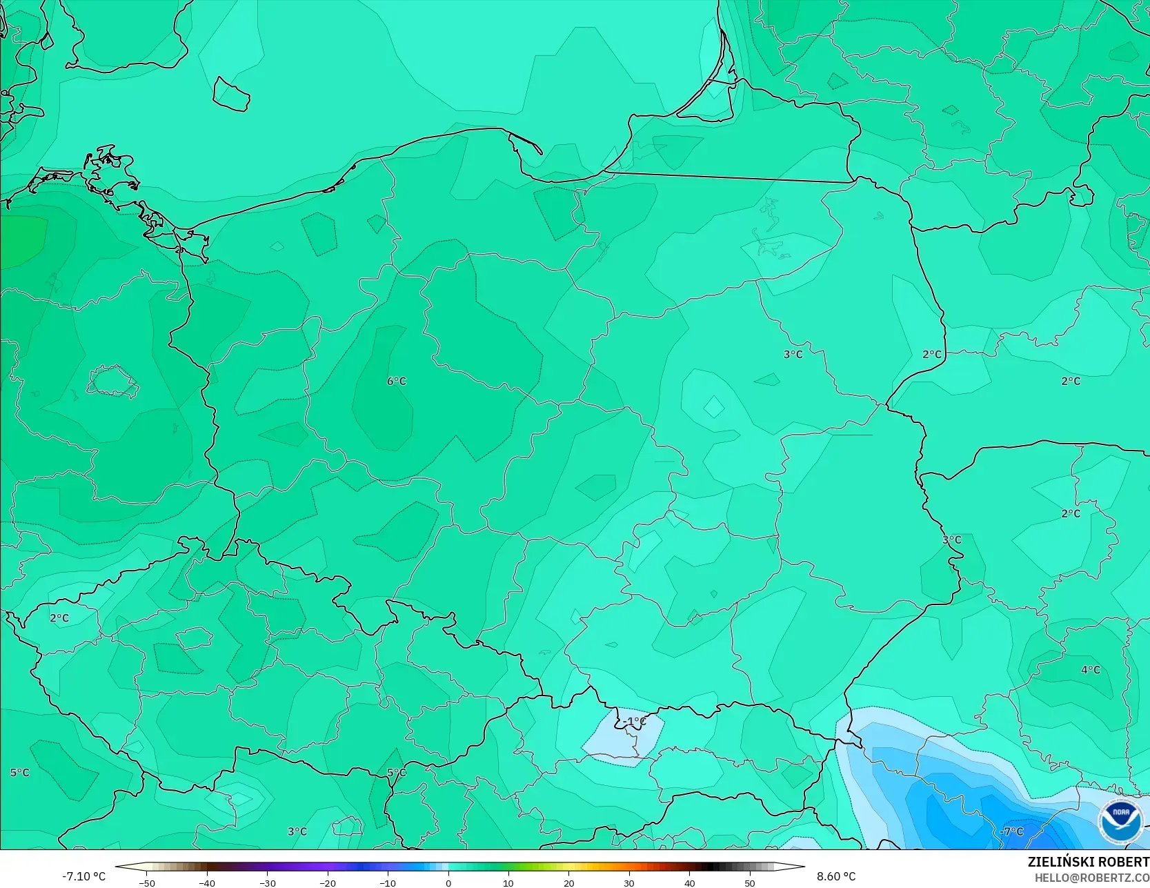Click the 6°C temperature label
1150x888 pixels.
397,381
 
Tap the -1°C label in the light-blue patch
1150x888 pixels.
635,722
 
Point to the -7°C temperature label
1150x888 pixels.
1012,831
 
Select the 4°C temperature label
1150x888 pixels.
1091,670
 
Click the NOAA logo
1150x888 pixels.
1121,821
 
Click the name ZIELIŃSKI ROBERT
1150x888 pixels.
1088,862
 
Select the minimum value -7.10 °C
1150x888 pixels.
84,876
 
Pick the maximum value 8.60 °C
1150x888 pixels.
836,876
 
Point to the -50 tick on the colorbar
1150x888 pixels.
146,883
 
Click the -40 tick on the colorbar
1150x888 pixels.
207,883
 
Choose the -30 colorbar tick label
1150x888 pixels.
268,883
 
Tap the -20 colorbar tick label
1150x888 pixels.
328,883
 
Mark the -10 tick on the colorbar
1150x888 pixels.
388,883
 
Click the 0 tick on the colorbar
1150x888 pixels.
448,883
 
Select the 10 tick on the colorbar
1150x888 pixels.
508,883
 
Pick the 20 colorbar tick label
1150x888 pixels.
568,883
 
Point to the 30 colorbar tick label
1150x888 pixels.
629,883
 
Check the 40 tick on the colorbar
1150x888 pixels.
689,883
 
